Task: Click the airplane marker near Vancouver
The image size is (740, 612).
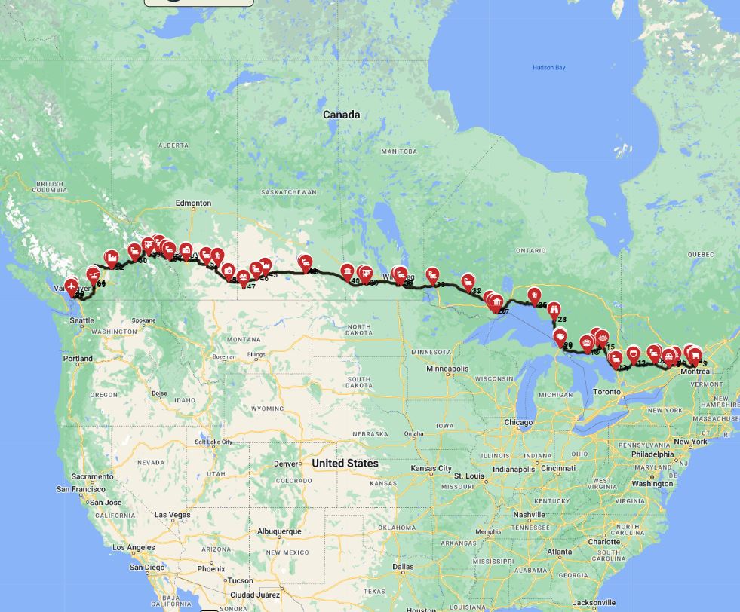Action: coord(72,286)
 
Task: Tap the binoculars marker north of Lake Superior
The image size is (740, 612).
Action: coord(554,308)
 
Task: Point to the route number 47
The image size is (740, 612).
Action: coord(250,287)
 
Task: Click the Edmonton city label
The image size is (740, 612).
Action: coord(193,203)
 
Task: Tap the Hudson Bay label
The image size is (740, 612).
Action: coord(548,68)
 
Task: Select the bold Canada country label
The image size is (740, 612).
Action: coord(341,115)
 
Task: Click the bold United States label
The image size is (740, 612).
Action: coord(345,463)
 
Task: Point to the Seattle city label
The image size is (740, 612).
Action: coord(81,320)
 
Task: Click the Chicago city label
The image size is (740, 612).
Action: coord(518,422)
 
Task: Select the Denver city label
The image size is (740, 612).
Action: coord(287,464)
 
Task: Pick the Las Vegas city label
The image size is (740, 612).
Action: coord(173,514)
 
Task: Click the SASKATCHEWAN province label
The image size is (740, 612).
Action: coord(289,192)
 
